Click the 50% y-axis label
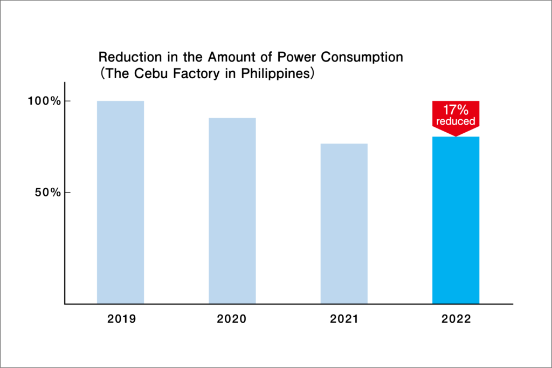[x=45, y=193]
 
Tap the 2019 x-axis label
[x=121, y=319]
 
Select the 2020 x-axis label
[x=232, y=319]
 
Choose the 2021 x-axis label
[x=344, y=319]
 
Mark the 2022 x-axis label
[x=456, y=319]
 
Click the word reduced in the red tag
[x=456, y=121]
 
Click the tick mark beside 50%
[x=67, y=193]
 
